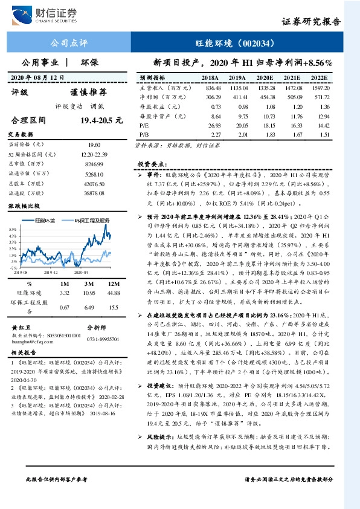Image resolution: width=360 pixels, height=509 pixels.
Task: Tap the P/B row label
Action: pos(144,134)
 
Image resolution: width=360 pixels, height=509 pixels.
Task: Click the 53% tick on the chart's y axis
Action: pos(13,230)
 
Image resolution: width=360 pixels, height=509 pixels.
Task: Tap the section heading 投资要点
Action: pos(152,164)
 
